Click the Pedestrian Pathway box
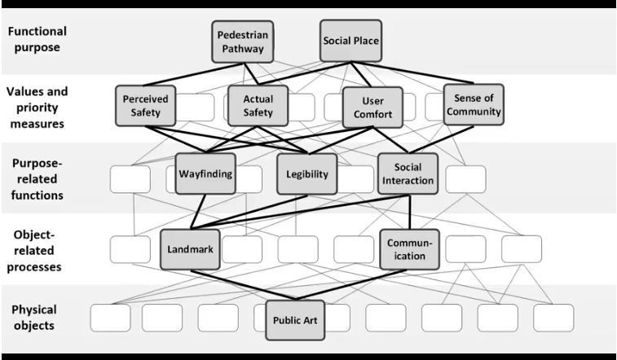(242, 42)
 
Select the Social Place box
(350, 40)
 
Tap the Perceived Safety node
(146, 105)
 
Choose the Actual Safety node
(258, 105)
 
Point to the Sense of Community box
(473, 104)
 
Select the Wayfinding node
(205, 173)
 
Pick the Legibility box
(306, 174)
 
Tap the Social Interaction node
(408, 173)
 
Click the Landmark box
(191, 249)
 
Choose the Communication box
(410, 248)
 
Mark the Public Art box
(295, 319)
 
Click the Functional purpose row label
(38, 39)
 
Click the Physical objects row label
(33, 318)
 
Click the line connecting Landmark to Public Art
(245, 285)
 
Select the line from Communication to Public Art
(350, 285)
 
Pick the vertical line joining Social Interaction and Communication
(408, 212)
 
